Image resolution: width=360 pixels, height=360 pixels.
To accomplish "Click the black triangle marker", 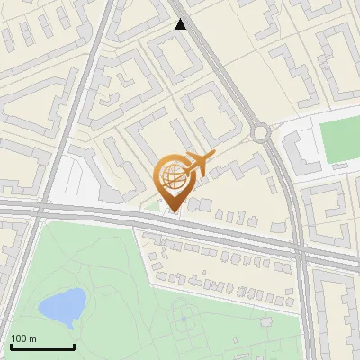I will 181,24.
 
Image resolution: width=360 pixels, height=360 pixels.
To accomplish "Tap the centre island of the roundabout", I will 261,133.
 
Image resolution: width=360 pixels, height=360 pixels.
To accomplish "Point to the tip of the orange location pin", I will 173,212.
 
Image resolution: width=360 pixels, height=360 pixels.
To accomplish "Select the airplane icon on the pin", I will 200,164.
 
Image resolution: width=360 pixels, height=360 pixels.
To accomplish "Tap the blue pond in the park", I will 62,306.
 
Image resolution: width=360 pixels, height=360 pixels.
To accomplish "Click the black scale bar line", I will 42,346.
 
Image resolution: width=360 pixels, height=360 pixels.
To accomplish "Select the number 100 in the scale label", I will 19,338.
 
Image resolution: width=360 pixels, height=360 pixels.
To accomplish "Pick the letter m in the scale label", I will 32,338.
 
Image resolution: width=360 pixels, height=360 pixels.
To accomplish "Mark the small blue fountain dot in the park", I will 183,318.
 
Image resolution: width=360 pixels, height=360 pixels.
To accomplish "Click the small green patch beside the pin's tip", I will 154,207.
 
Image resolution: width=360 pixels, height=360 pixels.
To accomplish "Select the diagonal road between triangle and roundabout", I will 220,76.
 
